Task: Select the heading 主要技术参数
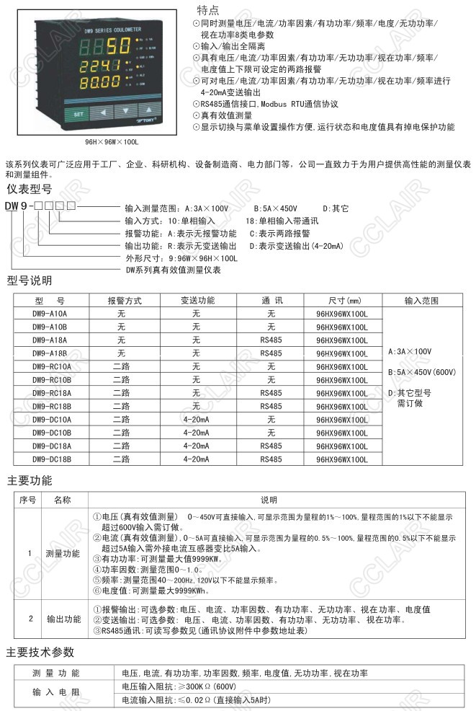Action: [x=40, y=653]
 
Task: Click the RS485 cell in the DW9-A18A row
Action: [x=271, y=340]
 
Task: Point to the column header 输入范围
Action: [x=421, y=301]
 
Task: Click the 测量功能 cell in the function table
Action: [x=63, y=554]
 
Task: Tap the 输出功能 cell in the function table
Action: [x=63, y=619]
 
